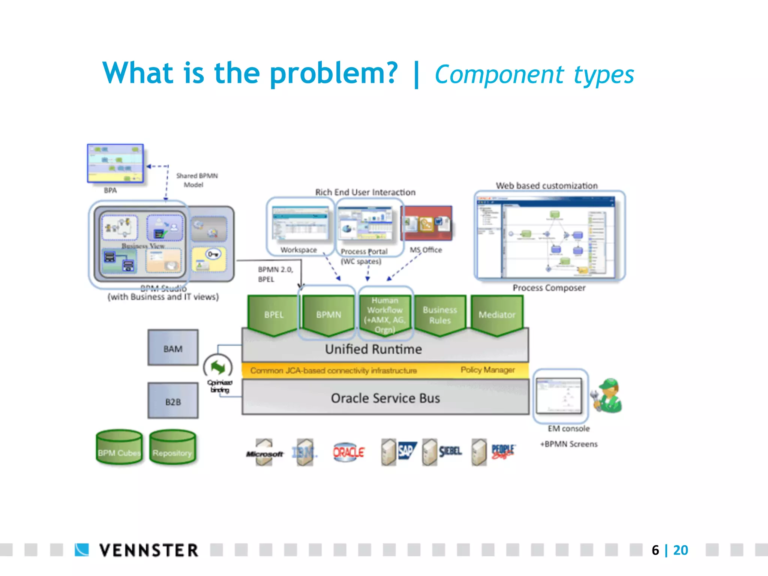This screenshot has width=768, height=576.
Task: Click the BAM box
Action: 173,348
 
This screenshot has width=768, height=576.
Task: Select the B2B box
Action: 173,400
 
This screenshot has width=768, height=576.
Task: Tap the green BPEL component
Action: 273,314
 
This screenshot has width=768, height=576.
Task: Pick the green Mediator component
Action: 496,314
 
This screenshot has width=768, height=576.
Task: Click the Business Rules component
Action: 440,314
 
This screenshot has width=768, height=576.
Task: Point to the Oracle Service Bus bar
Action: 385,397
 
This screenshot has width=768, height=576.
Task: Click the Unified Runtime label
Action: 373,349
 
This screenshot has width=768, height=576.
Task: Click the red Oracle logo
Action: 348,452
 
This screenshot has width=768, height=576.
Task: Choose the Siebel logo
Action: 450,451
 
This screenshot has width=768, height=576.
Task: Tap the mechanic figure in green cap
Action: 607,396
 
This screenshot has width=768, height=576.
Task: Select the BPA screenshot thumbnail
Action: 115,163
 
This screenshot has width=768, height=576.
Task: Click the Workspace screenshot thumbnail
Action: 300,223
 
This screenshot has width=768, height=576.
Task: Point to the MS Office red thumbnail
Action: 427,223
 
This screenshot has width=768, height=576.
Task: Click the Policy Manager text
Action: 487,370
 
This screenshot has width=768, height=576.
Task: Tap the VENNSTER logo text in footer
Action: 148,550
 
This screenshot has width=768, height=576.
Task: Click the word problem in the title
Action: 333,73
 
